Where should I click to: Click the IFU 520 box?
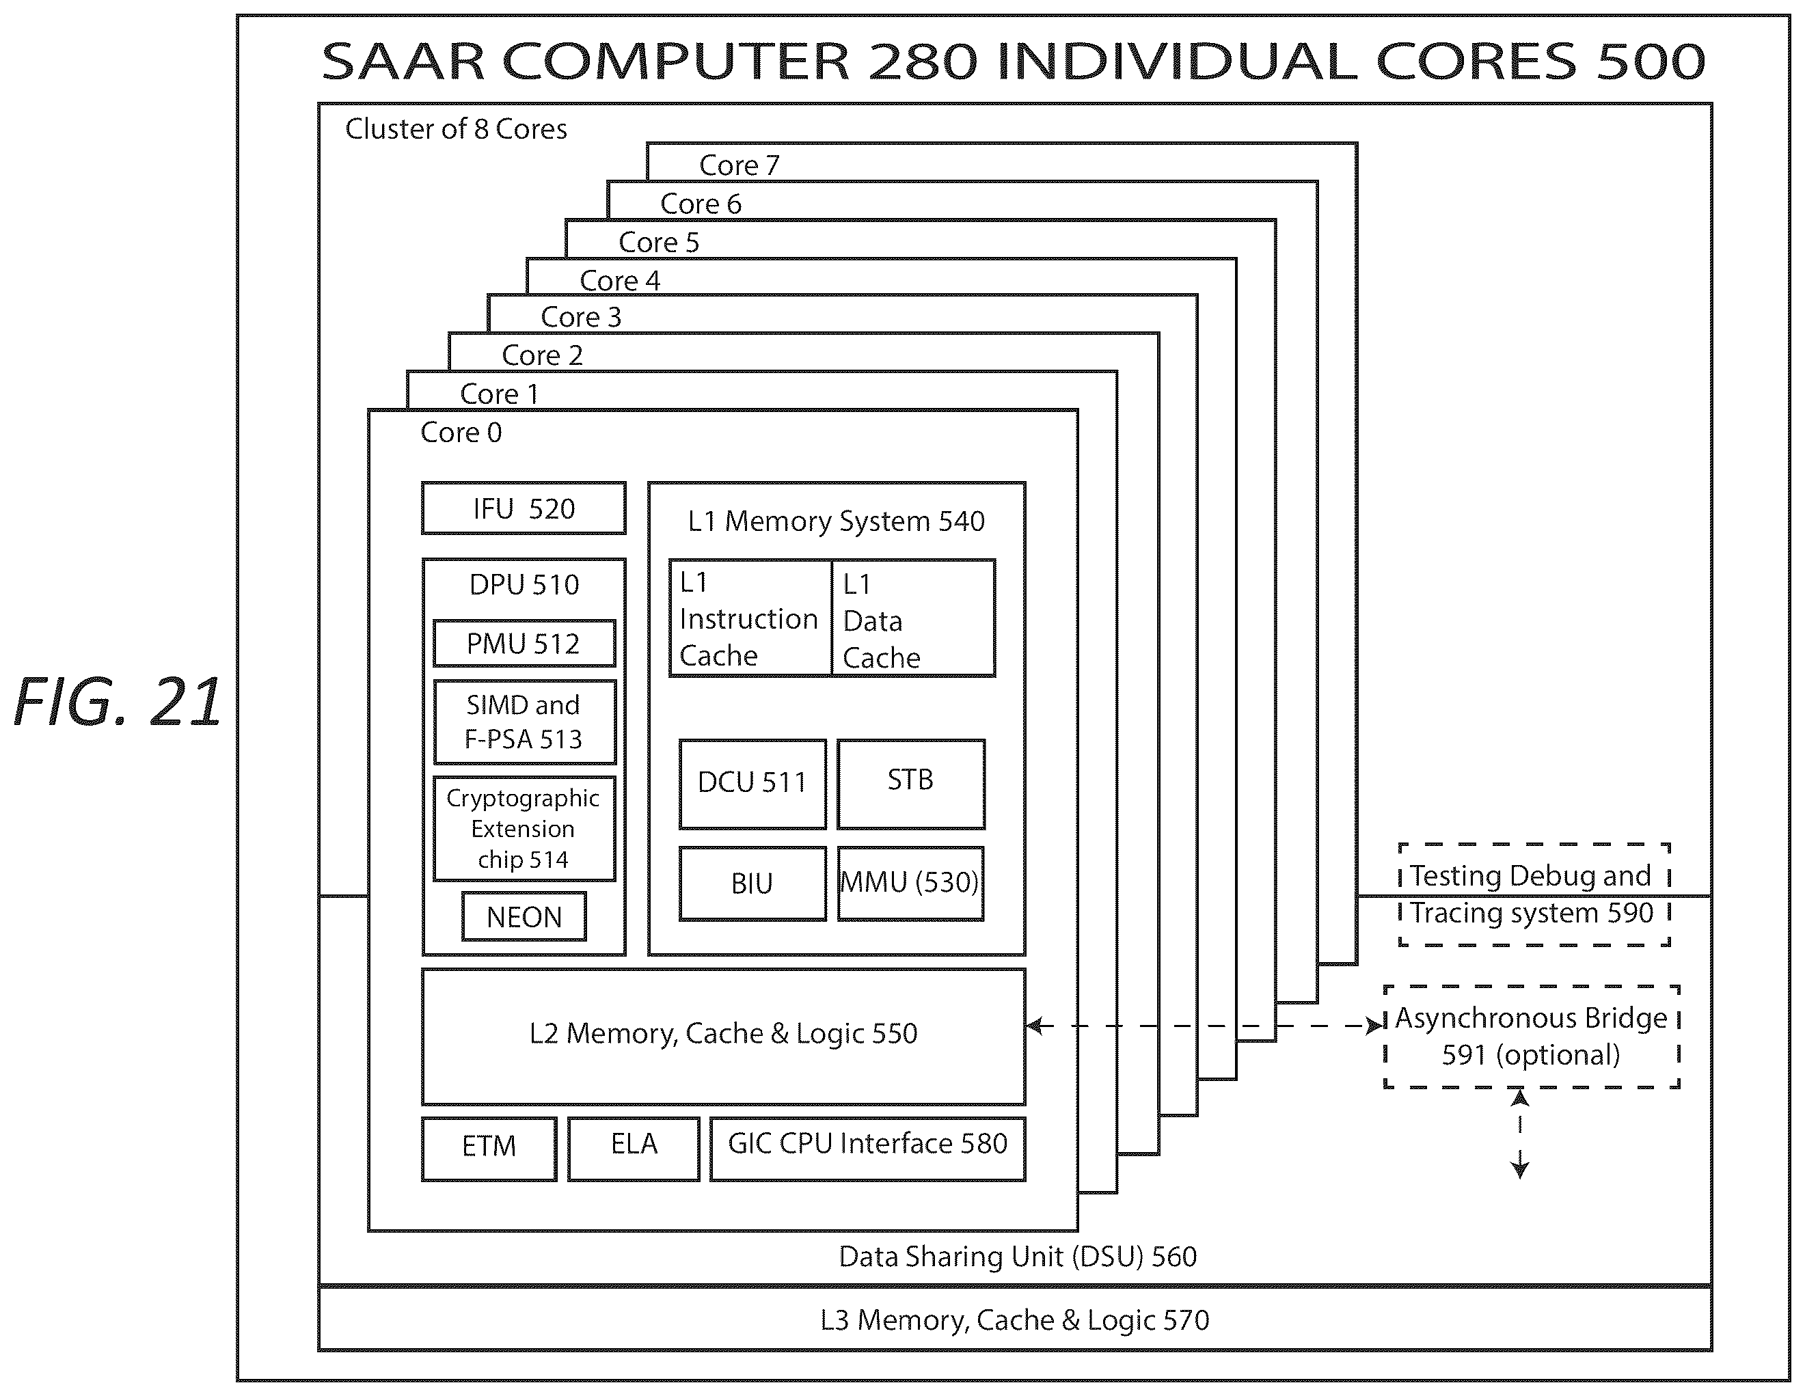[x=523, y=508]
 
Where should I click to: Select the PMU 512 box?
[x=524, y=643]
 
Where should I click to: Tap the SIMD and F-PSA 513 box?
[x=524, y=722]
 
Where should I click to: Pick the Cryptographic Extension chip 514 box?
[x=524, y=828]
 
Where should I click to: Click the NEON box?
[x=524, y=916]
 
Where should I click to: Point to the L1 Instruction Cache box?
[x=750, y=618]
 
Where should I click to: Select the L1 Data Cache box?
[x=913, y=618]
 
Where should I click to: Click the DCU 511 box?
[x=752, y=784]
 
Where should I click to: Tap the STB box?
[x=911, y=784]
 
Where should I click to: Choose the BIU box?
[x=752, y=883]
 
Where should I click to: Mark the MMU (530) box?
[x=911, y=883]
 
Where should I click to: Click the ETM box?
[x=489, y=1148]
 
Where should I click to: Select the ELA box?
[x=634, y=1148]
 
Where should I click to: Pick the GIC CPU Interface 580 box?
[x=868, y=1148]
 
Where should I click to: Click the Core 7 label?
[x=739, y=165]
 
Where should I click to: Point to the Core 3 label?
[x=580, y=317]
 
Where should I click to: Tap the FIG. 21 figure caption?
[x=118, y=702]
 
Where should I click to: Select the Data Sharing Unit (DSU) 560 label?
[x=1018, y=1257]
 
